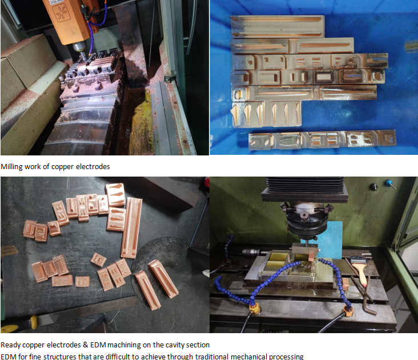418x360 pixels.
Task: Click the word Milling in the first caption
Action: pos(11,167)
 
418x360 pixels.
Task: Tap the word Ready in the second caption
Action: pos(10,345)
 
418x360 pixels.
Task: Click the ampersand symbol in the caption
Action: pos(85,345)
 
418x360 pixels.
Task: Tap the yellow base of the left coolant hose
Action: pos(255,309)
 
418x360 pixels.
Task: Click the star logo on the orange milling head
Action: pos(61,13)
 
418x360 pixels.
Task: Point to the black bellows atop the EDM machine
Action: pos(305,184)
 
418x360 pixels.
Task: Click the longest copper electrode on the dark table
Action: pos(131,228)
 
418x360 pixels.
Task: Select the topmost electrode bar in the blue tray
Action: pos(278,27)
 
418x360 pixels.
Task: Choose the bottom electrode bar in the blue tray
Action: pos(322,139)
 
